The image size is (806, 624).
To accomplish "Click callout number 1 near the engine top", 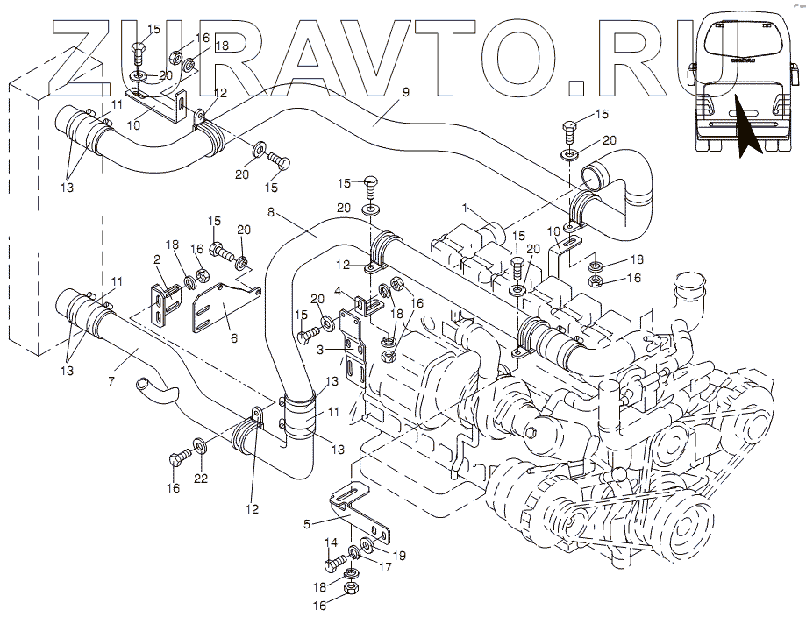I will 468,210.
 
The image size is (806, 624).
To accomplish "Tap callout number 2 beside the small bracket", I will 157,259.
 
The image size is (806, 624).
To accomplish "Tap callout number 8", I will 272,212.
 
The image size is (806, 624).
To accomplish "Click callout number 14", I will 330,543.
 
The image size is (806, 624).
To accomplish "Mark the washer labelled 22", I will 201,448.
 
